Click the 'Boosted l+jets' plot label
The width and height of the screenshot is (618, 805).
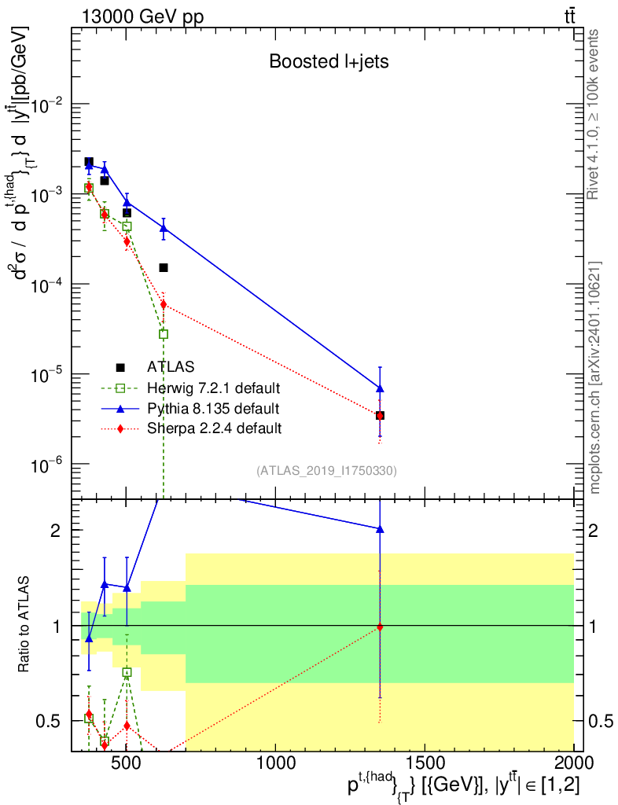(x=329, y=61)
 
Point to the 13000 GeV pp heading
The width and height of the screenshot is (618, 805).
(x=142, y=17)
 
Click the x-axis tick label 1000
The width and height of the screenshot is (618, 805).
(x=276, y=763)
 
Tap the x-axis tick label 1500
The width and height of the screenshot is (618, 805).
(x=425, y=763)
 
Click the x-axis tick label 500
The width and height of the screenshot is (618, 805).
(x=127, y=763)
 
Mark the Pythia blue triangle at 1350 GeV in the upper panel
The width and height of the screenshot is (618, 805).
(x=380, y=388)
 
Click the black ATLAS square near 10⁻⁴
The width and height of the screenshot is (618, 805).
(x=164, y=267)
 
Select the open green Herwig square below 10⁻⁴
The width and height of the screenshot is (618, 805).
(x=164, y=334)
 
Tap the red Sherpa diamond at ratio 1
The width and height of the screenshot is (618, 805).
(x=380, y=627)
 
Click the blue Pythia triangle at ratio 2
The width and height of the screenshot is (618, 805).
(x=380, y=529)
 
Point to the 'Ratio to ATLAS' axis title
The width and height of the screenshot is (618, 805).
(x=23, y=624)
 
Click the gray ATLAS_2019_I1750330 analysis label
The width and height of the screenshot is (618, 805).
(x=326, y=470)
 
